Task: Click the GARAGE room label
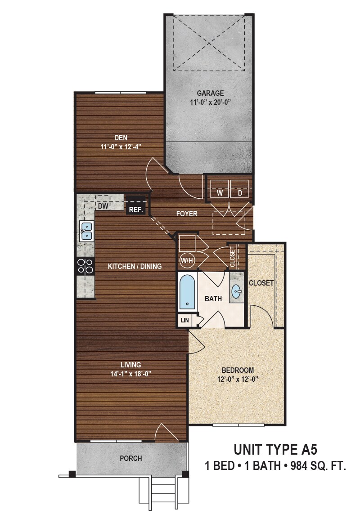pyautogui.click(x=210, y=93)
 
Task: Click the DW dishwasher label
pyautogui.click(x=103, y=206)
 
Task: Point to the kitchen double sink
pyautogui.click(x=86, y=231)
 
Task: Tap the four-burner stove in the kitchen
pyautogui.click(x=85, y=267)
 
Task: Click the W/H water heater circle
pyautogui.click(x=186, y=260)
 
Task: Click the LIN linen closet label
pyautogui.click(x=184, y=320)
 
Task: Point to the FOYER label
pyautogui.click(x=187, y=214)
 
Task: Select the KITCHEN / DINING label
pyautogui.click(x=135, y=266)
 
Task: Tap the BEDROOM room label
pyautogui.click(x=238, y=370)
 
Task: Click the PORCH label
pyautogui.click(x=131, y=459)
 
